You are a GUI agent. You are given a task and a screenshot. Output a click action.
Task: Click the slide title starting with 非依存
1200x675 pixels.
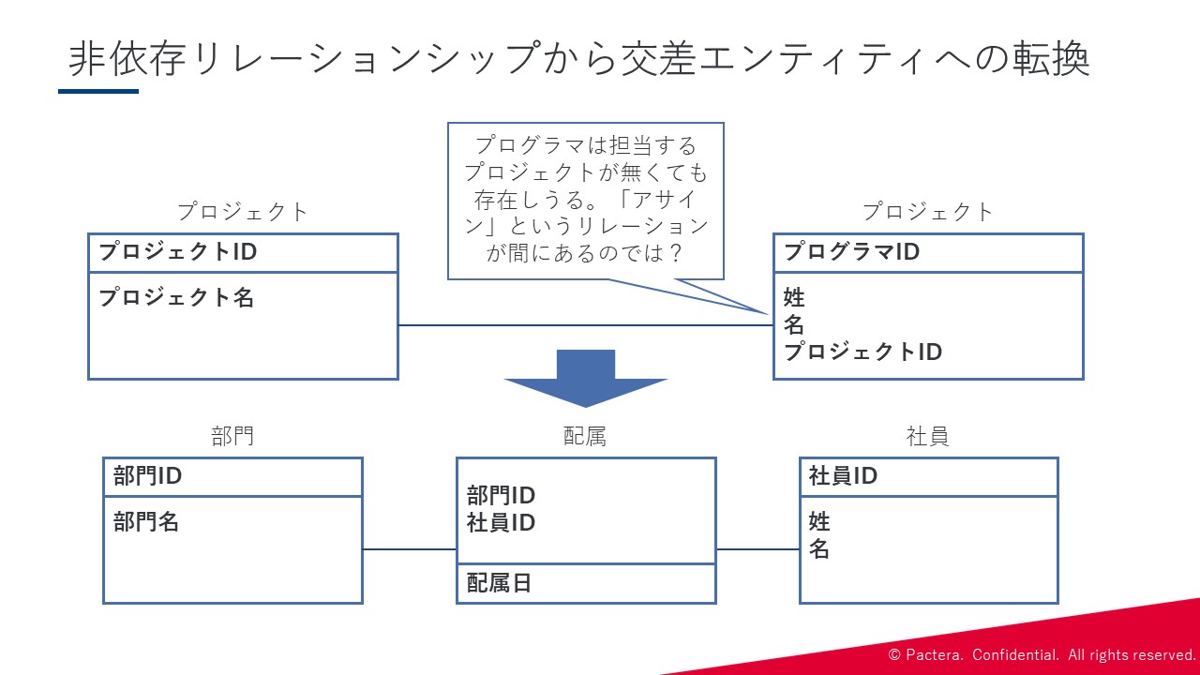click(x=579, y=59)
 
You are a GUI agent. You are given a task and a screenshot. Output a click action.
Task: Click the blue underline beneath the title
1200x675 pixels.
click(x=98, y=92)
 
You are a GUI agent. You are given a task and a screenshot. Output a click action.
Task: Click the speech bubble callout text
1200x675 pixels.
click(x=586, y=200)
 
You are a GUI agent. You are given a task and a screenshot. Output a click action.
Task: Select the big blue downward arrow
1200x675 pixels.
click(x=586, y=378)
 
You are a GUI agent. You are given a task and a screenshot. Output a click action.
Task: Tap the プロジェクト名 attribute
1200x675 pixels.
click(x=176, y=297)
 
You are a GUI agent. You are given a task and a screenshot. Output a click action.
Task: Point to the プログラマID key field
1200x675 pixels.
click(x=852, y=252)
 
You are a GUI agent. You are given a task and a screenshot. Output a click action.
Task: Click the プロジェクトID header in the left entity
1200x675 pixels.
click(x=178, y=252)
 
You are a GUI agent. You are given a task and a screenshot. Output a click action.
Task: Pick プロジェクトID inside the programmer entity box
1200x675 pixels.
click(x=862, y=352)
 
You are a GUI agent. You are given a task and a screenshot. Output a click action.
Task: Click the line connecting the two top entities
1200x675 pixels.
click(x=586, y=325)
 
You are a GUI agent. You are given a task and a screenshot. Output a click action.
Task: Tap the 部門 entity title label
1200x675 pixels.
click(x=232, y=437)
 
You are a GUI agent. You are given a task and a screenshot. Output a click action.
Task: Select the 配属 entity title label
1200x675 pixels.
click(x=585, y=437)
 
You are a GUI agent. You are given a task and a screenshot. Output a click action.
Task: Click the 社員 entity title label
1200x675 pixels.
click(x=928, y=437)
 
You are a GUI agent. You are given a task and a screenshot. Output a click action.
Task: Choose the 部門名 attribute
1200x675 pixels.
click(x=145, y=522)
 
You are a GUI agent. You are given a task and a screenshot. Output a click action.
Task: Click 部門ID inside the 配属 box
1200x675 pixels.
click(x=501, y=496)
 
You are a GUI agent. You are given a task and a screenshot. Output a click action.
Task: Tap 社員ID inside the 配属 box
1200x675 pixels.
click(x=501, y=523)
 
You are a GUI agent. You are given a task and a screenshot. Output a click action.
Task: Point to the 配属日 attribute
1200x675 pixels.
click(x=499, y=583)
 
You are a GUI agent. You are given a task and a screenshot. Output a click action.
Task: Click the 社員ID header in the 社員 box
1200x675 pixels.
click(x=843, y=475)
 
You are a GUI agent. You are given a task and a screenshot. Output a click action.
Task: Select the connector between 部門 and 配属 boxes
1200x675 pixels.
click(x=410, y=549)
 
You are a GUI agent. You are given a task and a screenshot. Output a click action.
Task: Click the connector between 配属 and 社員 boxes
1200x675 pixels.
click(x=758, y=549)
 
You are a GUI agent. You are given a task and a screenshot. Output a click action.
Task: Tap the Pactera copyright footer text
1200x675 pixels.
click(x=1042, y=654)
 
